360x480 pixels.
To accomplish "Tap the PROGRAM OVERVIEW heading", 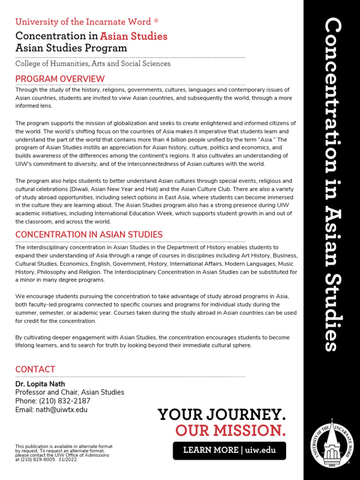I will tap(60, 79).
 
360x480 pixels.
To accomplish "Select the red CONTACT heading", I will tap(35, 369).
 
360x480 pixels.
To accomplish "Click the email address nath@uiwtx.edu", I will tap(61, 409).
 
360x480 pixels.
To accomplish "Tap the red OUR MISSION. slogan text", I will tap(230, 430).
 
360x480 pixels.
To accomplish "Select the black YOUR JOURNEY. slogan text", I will tap(221, 414).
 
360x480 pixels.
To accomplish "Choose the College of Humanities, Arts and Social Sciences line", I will tap(93, 63).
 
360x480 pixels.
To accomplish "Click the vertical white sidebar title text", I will tap(332, 185).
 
